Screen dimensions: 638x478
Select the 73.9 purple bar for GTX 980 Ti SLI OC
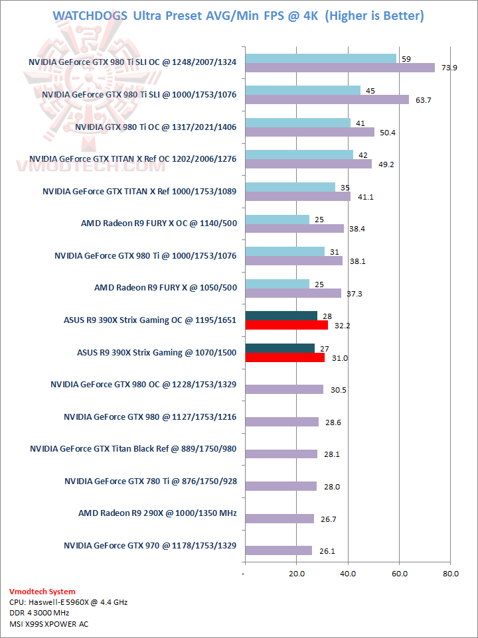coord(340,68)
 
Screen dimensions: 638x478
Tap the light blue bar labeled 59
coord(321,58)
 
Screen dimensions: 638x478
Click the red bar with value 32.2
coord(286,325)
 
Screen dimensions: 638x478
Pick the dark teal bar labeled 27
coord(279,348)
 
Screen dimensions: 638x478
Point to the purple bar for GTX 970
coord(278,550)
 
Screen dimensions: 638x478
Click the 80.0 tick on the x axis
coord(450,573)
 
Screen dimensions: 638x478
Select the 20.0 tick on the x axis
coord(296,573)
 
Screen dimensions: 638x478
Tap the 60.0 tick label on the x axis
coord(399,573)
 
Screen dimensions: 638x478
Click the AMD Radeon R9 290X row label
coord(157,513)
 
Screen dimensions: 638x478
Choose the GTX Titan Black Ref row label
coord(133,449)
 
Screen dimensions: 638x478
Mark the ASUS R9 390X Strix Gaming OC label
coord(150,320)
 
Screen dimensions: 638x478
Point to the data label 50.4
coord(386,133)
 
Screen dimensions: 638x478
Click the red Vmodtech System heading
coord(42,592)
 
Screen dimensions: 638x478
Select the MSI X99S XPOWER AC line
coord(49,624)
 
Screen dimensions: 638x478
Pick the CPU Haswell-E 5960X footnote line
coord(68,602)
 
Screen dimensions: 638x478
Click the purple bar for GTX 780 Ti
coord(281,486)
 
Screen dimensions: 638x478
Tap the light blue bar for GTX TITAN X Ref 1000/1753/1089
coord(290,187)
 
